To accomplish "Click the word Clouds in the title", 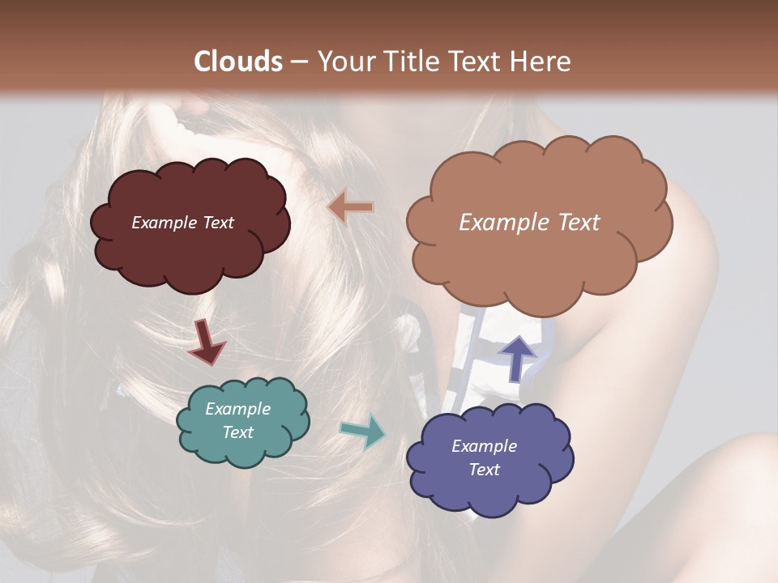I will (x=238, y=62).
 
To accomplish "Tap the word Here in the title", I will (x=543, y=62).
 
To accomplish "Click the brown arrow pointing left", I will (x=350, y=207).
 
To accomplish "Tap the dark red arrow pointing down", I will (x=206, y=341).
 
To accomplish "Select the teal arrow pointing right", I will (x=363, y=431).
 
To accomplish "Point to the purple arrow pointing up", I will (x=516, y=357).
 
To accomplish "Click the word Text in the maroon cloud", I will (x=218, y=223).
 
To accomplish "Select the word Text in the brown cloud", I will (x=579, y=223).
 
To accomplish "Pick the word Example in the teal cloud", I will (x=238, y=409).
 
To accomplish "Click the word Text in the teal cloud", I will (x=238, y=432).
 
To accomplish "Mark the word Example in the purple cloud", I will (x=484, y=446).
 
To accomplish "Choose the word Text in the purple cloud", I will (x=484, y=470).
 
